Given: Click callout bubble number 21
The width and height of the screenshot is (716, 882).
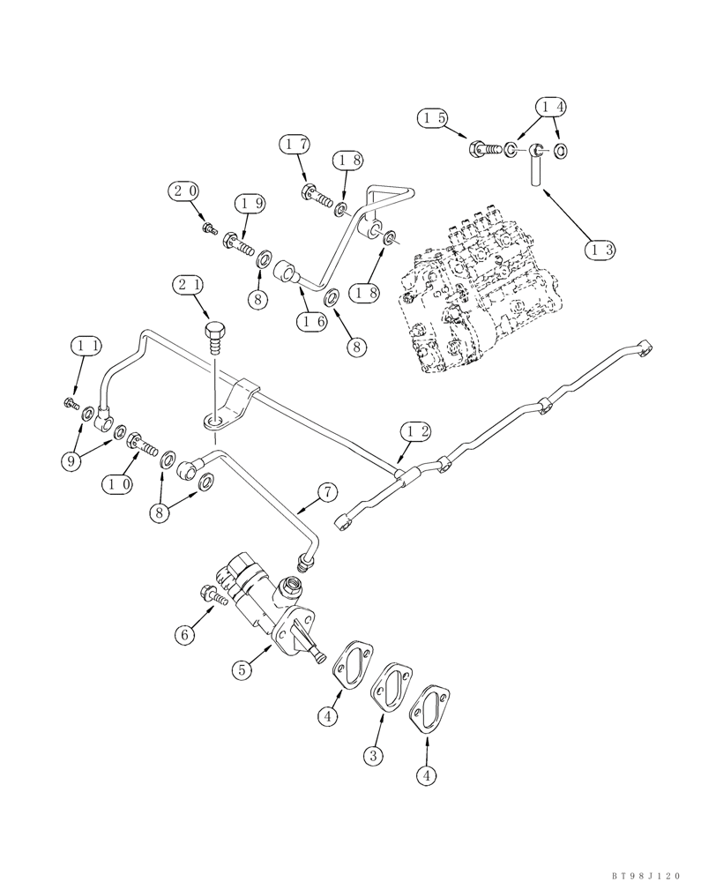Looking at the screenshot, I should point(190,286).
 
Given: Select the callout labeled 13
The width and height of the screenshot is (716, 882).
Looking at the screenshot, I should point(601,249).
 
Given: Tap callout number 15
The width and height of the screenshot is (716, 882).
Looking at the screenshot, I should point(434,117).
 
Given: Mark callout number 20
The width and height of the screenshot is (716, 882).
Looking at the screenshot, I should point(185,190).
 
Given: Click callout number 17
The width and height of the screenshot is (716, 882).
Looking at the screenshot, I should point(295,143).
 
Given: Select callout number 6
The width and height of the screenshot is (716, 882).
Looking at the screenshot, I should point(183,634).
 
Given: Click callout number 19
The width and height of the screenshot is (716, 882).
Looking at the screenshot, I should point(249,204).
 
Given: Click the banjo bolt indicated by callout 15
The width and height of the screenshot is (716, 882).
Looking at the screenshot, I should point(481,150).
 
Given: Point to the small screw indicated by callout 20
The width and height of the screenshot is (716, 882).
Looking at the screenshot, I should point(209,228).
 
